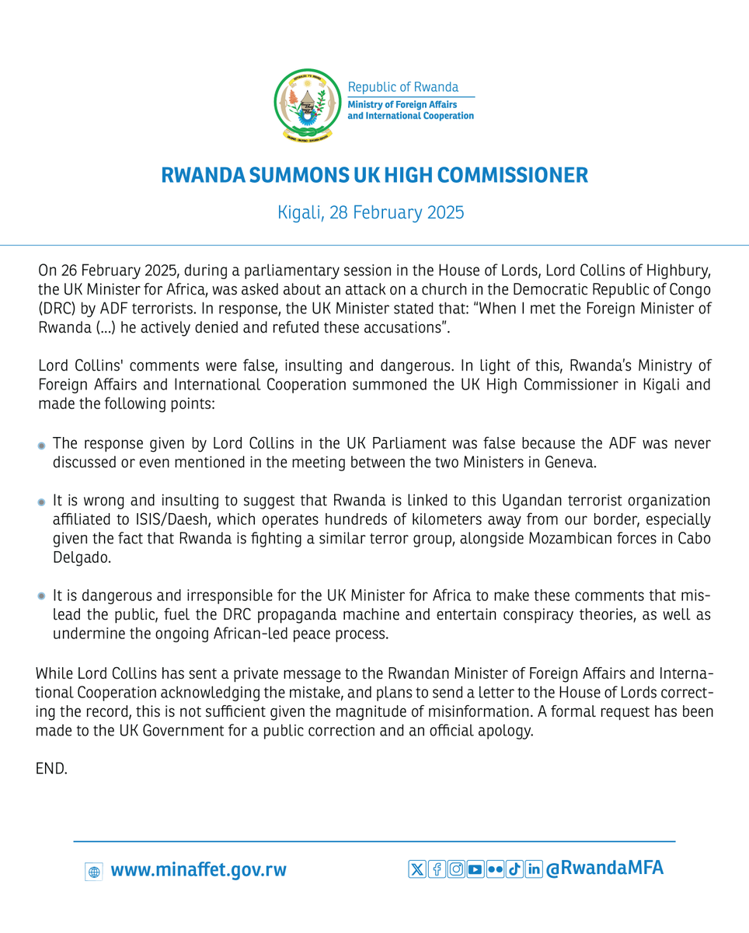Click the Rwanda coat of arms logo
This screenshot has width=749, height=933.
[x=307, y=105]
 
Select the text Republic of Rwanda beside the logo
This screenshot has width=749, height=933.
[x=402, y=86]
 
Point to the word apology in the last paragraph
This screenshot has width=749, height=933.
[x=509, y=732]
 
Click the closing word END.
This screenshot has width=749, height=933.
[x=52, y=769]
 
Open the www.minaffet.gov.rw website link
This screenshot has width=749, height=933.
[x=199, y=870]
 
